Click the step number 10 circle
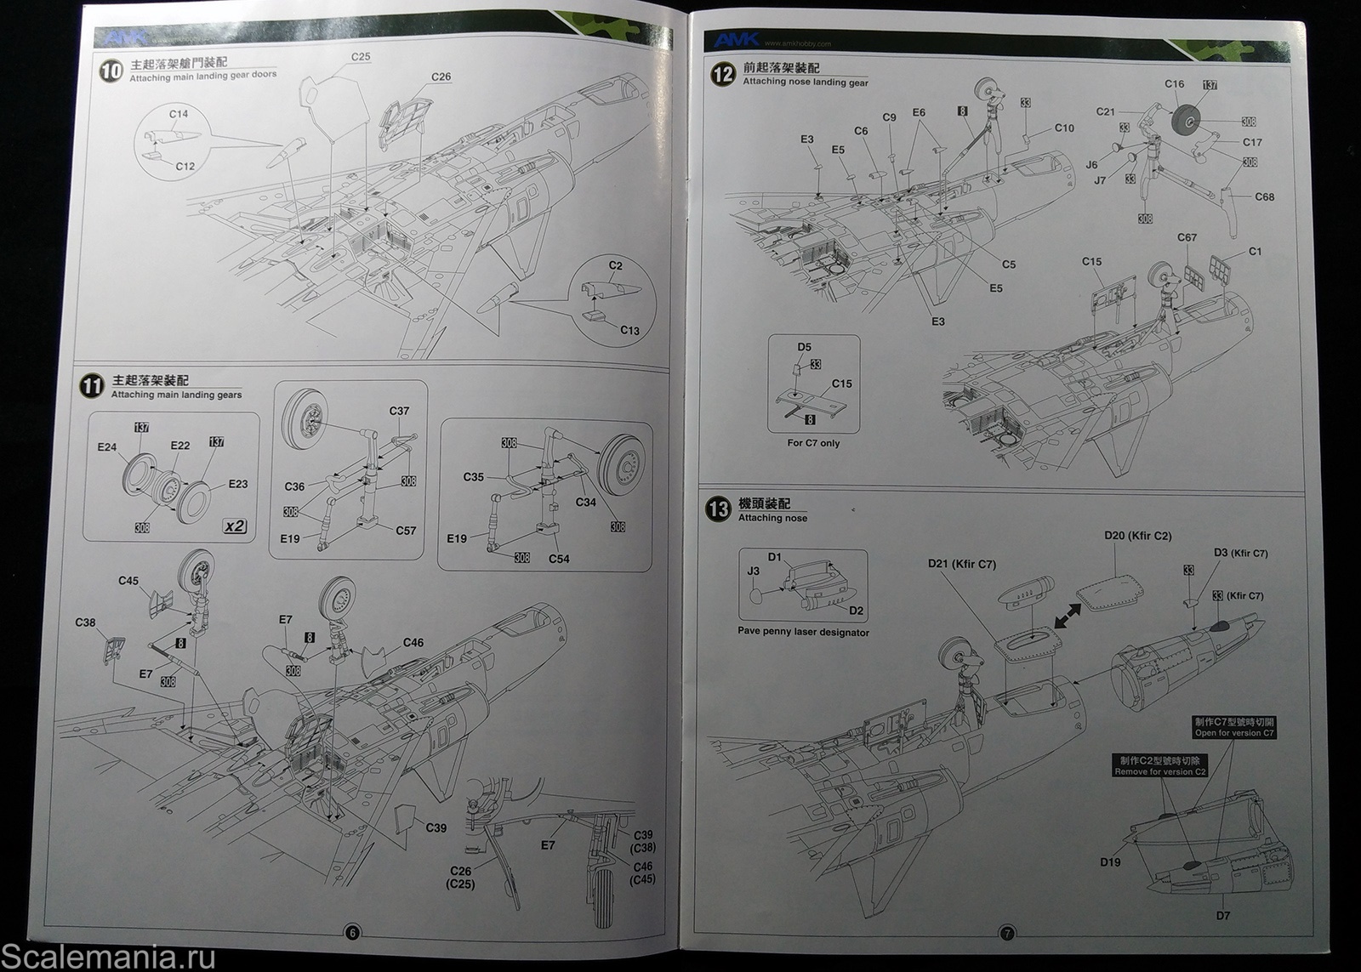click(x=111, y=71)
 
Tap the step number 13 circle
click(x=719, y=509)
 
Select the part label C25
click(x=361, y=57)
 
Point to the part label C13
click(x=629, y=330)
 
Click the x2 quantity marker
click(x=235, y=526)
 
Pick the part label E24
click(x=106, y=446)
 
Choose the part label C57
click(x=406, y=531)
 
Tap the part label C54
click(x=559, y=559)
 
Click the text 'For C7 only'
click(x=813, y=443)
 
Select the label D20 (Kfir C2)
click(x=1137, y=536)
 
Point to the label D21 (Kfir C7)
click(x=961, y=564)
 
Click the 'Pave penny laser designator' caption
click(x=803, y=633)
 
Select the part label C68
click(x=1264, y=197)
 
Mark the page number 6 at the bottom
click(x=351, y=933)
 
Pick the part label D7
click(x=1222, y=916)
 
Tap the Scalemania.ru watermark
click(x=108, y=957)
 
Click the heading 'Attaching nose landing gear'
click(x=806, y=82)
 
